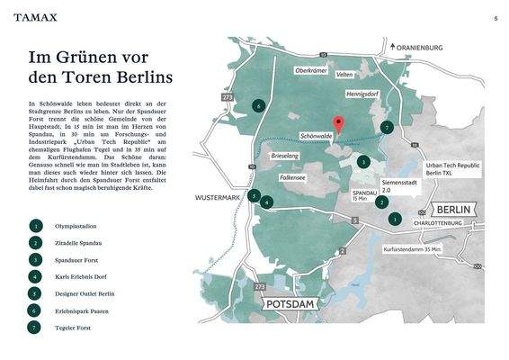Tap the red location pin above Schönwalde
tap(338, 125)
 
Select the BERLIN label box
tap(453, 209)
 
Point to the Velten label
tap(344, 76)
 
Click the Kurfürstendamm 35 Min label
tap(413, 248)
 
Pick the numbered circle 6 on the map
tap(259, 106)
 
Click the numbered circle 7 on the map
tap(387, 128)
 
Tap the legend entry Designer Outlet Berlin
tap(86, 293)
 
